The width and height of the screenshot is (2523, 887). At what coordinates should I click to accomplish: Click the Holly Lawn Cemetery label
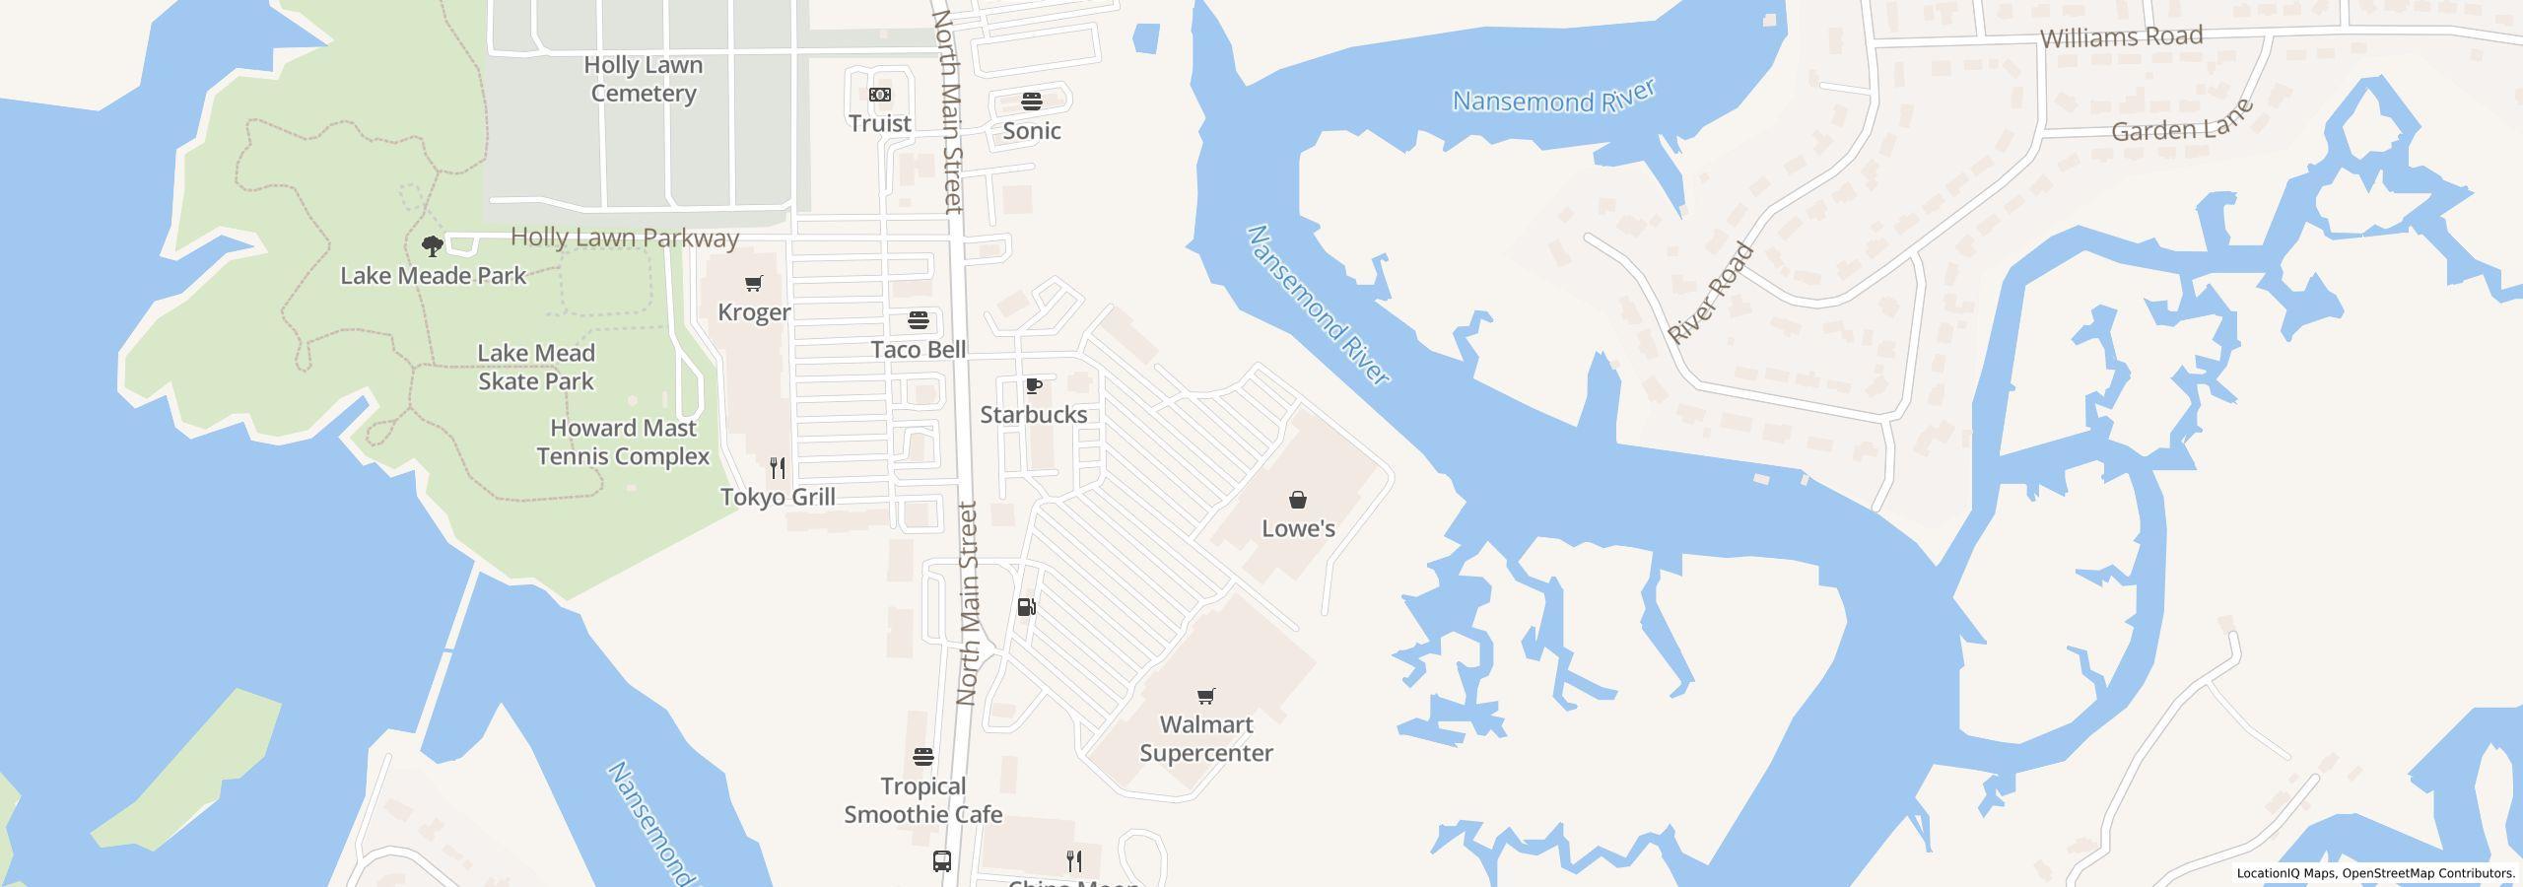coord(644,79)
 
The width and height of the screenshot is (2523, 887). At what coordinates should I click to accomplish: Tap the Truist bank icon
coord(880,95)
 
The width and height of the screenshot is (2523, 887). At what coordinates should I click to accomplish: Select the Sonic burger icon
coord(1032,102)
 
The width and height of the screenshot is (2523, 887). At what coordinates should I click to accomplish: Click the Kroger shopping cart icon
coord(754,284)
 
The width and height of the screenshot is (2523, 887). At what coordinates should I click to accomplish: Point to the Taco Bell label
coord(919,350)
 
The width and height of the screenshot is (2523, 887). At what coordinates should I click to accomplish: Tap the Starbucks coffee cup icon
coord(1033,385)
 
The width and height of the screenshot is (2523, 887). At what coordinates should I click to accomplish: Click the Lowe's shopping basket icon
coord(1298,500)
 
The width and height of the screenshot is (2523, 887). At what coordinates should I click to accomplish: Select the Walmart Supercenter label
coord(1206,739)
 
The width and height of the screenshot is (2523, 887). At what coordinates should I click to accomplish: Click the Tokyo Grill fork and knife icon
coord(778,467)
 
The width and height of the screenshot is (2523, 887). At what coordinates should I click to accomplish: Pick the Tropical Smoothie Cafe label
coord(923,800)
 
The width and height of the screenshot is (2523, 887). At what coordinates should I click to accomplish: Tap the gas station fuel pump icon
coord(1026,607)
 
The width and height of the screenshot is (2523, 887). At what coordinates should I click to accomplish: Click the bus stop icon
coord(942,861)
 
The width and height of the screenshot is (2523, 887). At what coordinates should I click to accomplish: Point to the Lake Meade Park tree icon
coord(432,245)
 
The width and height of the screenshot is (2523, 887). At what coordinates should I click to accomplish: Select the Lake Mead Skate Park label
coord(536,367)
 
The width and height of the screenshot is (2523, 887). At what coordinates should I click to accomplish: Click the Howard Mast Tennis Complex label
coord(623,443)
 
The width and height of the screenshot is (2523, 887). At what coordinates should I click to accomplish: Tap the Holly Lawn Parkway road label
coord(625,238)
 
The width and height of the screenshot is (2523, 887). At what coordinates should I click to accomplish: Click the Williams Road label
coord(2121,37)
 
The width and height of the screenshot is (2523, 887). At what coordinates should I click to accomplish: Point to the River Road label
coord(1711,293)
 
